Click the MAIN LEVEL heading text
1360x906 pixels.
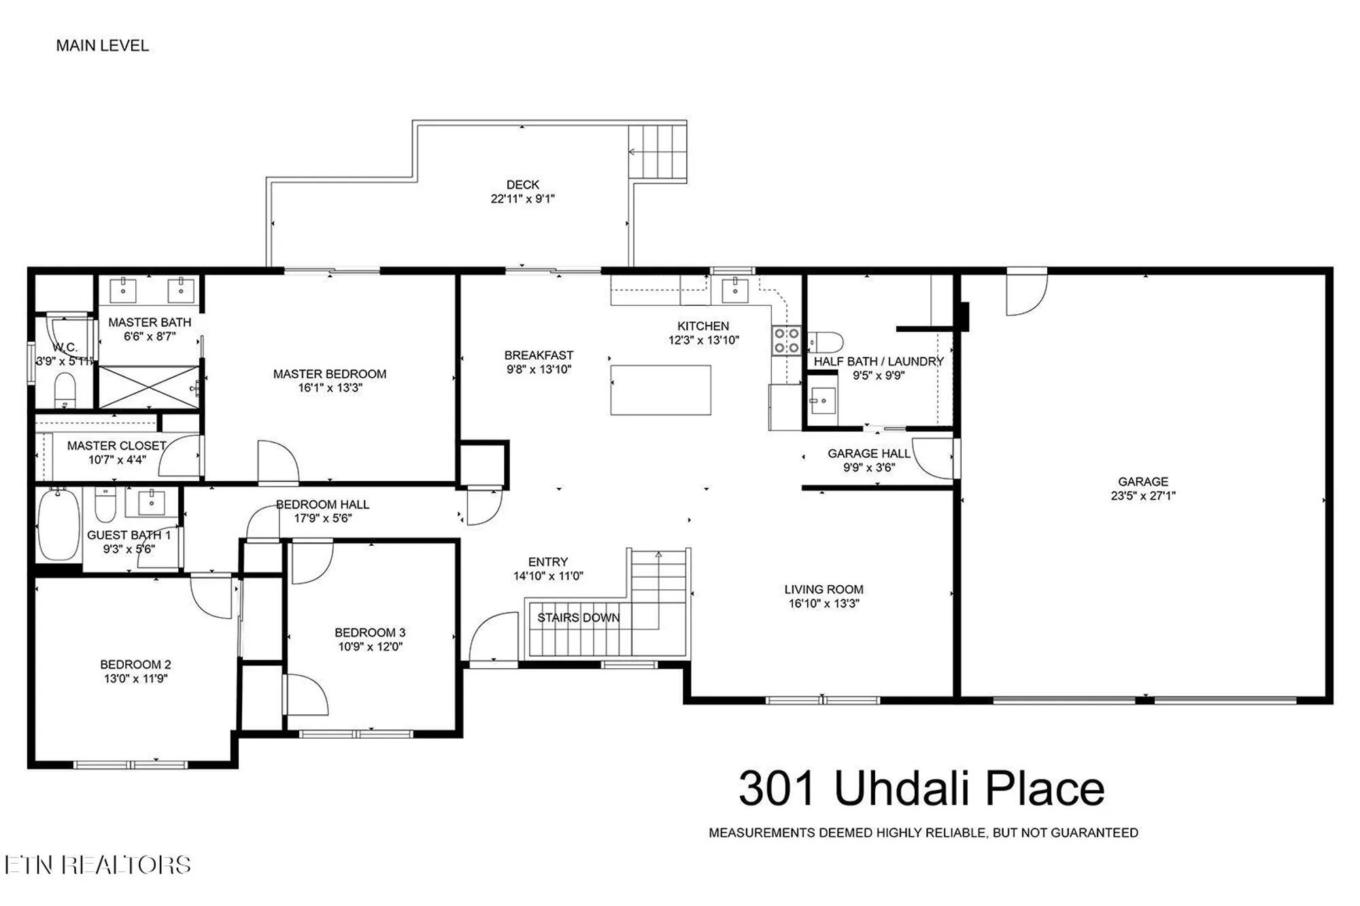(102, 46)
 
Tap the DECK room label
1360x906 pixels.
(522, 185)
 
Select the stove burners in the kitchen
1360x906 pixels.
(786, 341)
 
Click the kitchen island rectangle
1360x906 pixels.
(660, 390)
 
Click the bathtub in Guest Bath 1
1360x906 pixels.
(58, 524)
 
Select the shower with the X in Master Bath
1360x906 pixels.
(149, 387)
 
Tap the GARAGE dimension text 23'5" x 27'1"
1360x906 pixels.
(1142, 496)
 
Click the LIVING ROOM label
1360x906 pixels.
(823, 589)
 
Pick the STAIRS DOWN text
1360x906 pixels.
(578, 618)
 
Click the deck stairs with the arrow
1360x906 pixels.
(656, 152)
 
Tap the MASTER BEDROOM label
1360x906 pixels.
(330, 374)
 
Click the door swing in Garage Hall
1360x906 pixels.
(933, 459)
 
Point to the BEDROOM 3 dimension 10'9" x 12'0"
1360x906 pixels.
(370, 647)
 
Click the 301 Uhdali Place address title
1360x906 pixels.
(921, 788)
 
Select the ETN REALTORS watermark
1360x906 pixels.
(97, 865)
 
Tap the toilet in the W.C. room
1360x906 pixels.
(65, 391)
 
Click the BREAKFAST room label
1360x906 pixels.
(539, 355)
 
